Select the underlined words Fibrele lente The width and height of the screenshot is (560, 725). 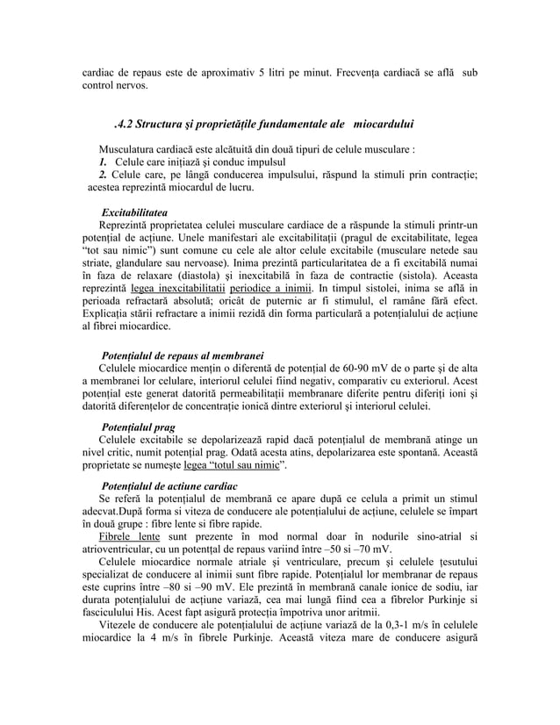point(129,536)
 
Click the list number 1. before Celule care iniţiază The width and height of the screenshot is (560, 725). point(103,162)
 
